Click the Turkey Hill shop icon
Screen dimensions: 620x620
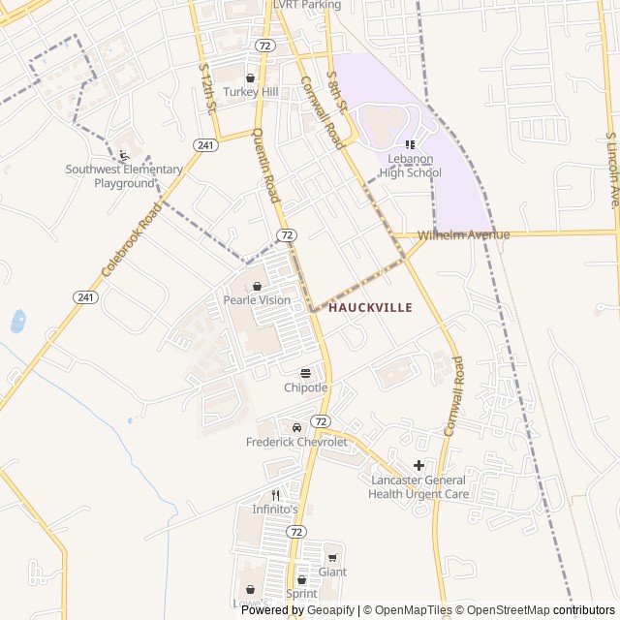250,78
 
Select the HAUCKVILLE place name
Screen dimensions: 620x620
371,307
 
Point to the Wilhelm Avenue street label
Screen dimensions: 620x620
463,235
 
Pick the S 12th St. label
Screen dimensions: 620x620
206,90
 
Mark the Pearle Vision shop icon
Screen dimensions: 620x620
257,287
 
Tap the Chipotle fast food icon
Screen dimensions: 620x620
306,374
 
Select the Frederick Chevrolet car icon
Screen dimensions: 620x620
296,428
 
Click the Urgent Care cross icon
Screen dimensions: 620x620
418,466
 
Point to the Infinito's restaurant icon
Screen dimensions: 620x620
275,495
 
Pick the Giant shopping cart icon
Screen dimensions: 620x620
332,558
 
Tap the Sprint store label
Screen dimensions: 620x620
301,593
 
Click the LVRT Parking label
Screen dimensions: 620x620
307,5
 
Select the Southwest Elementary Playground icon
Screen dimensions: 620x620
123,155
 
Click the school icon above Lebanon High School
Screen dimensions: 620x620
410,144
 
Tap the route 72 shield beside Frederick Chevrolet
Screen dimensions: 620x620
320,420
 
